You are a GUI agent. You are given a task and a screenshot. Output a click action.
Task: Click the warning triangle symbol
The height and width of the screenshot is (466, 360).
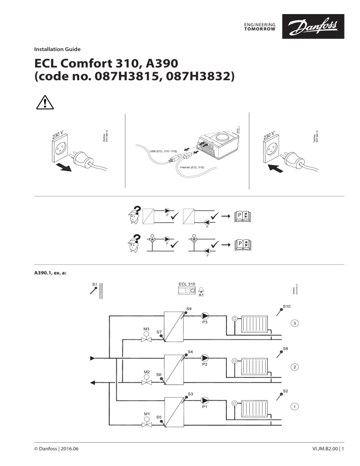(x=43, y=101)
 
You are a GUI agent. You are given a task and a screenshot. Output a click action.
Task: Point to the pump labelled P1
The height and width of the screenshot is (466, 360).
(x=205, y=400)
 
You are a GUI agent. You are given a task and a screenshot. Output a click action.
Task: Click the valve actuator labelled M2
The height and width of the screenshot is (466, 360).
(x=146, y=377)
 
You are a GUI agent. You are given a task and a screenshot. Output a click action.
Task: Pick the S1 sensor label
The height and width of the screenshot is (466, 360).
(x=94, y=284)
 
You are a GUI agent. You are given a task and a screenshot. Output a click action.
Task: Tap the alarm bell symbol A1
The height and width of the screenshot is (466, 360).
(x=201, y=291)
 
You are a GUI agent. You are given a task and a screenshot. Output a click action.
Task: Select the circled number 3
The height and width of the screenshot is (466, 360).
(x=294, y=323)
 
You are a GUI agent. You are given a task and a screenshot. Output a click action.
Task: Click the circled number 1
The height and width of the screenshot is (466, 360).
(x=294, y=406)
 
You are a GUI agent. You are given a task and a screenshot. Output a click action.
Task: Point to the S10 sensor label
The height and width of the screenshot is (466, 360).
(x=287, y=307)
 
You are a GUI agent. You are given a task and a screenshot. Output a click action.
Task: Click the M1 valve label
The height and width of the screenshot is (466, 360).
(x=147, y=414)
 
